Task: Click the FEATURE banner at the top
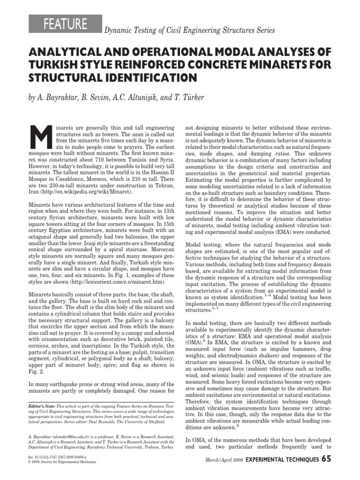(x=66, y=24)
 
